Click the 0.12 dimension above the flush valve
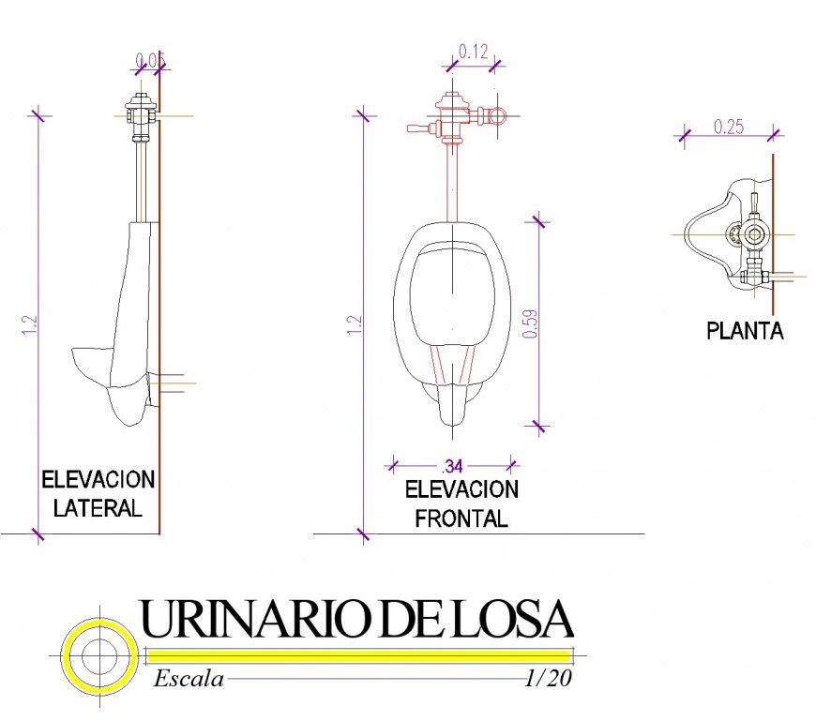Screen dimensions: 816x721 point(474,53)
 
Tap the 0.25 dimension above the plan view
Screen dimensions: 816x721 point(729,127)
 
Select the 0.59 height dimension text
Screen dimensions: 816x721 point(531,323)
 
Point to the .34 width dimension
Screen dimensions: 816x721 point(453,465)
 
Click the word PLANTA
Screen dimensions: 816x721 point(745,331)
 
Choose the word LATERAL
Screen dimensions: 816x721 point(98,509)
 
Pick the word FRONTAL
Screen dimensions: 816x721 point(461,518)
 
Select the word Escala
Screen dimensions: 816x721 point(189,679)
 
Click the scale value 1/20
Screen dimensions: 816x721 point(549,679)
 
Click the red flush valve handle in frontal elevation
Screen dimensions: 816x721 point(418,128)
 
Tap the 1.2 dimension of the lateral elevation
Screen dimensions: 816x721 point(29,324)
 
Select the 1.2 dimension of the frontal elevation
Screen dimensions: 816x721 point(354,324)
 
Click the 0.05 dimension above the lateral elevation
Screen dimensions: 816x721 point(150,62)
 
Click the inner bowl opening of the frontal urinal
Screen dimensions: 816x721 point(451,291)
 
